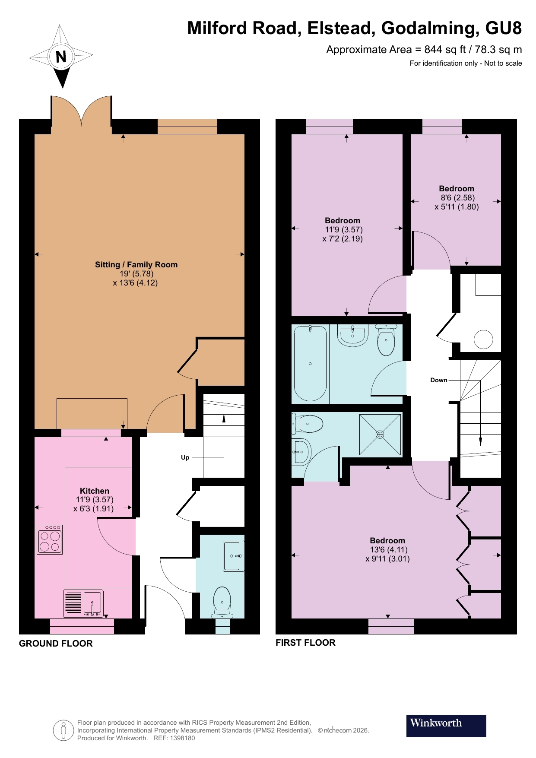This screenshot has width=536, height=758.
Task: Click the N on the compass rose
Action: pyautogui.click(x=61, y=57)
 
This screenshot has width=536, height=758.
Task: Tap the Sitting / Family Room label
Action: pyautogui.click(x=136, y=265)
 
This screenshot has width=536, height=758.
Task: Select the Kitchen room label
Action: pyautogui.click(x=95, y=491)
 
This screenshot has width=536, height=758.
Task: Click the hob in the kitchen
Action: pyautogui.click(x=50, y=540)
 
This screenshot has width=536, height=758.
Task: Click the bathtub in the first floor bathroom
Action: pyautogui.click(x=310, y=364)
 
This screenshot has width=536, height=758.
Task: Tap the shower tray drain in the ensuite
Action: pyautogui.click(x=380, y=435)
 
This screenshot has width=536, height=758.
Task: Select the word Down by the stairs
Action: pyautogui.click(x=439, y=380)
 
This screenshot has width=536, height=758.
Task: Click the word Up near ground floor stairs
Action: pyautogui.click(x=185, y=457)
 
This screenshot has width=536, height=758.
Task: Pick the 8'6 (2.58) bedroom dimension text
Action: pyautogui.click(x=457, y=198)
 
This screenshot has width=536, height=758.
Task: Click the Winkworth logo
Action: pyautogui.click(x=446, y=726)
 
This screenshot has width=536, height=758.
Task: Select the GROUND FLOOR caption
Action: pyautogui.click(x=56, y=644)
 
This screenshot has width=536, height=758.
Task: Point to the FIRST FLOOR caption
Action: pyautogui.click(x=305, y=643)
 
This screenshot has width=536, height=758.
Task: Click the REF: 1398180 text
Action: pyautogui.click(x=174, y=738)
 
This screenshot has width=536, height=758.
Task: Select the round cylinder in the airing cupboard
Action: pyautogui.click(x=483, y=339)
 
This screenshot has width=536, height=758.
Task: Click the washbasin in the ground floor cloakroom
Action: pyautogui.click(x=233, y=556)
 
